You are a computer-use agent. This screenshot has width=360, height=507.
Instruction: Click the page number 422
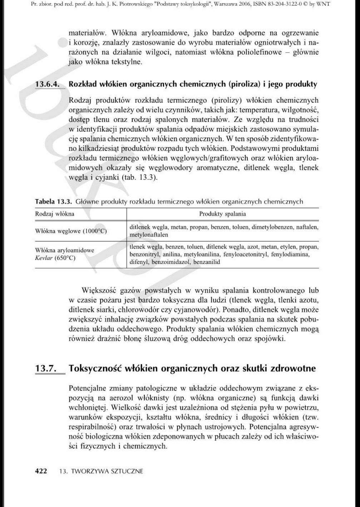point(41,471)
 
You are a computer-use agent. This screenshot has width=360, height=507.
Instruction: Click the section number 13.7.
point(46,368)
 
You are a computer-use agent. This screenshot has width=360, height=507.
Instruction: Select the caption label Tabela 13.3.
point(53,201)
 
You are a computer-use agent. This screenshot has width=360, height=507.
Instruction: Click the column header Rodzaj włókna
point(55,214)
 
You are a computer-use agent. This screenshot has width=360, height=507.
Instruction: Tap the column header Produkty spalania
point(222,214)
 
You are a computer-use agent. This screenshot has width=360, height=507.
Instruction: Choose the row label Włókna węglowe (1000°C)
point(71,231)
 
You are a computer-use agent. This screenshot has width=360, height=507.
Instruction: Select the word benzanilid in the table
point(207,262)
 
